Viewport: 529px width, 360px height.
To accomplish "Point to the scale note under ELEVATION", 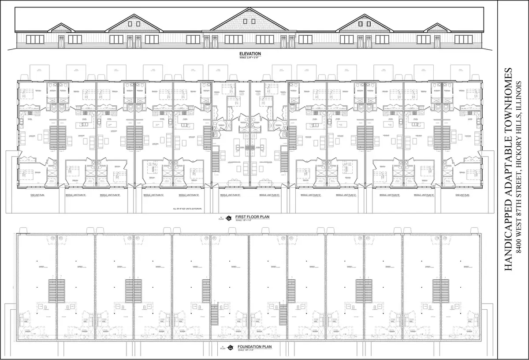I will [x=250, y=58].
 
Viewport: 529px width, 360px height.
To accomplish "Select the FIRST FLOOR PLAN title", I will [x=252, y=217].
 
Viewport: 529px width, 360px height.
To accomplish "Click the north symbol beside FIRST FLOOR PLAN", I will [x=229, y=218].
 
